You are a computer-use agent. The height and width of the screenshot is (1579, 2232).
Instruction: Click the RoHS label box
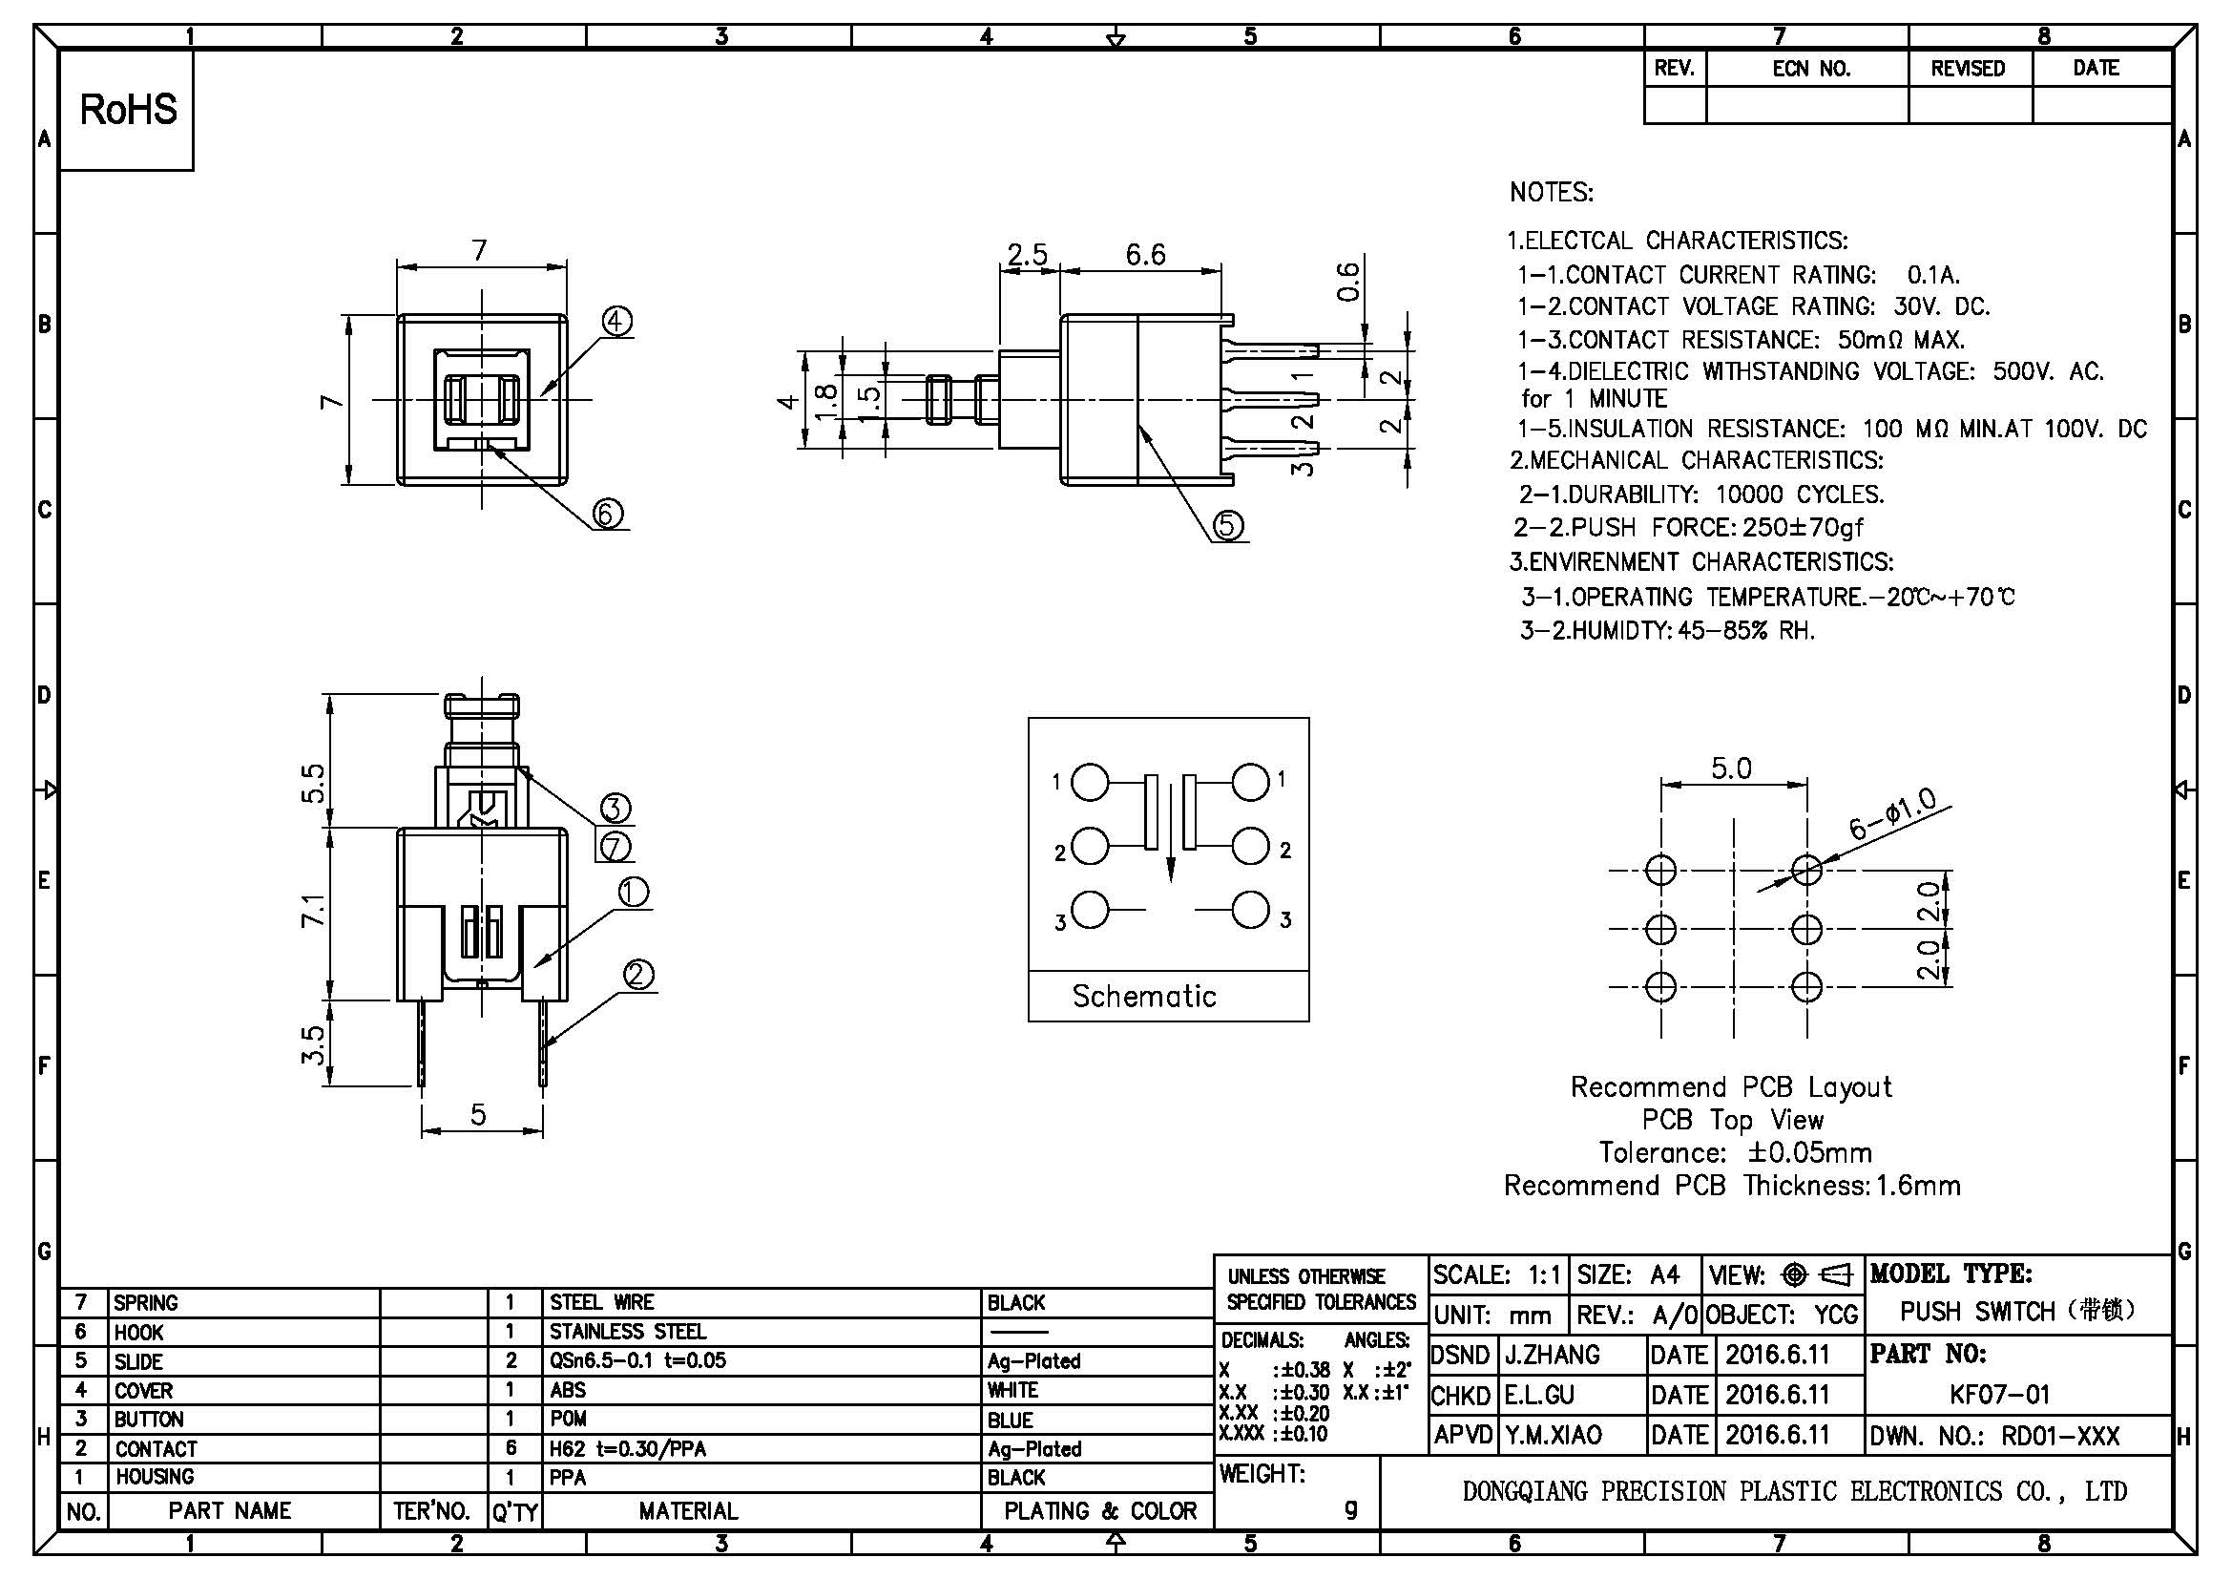click(127, 110)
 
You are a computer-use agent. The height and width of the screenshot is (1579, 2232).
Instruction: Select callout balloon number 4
click(616, 322)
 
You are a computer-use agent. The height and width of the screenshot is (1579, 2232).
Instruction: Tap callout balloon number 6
click(608, 513)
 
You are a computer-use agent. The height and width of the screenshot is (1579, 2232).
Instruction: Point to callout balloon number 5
click(1227, 525)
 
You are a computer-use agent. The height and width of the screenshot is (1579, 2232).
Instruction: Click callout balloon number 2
click(637, 975)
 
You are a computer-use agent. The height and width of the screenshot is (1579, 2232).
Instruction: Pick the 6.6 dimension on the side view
click(1145, 255)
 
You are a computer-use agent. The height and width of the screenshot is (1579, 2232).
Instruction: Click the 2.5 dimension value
click(1027, 255)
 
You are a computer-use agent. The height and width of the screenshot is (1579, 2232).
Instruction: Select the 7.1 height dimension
click(313, 911)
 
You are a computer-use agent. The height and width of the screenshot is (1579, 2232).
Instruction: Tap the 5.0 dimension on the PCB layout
click(1731, 768)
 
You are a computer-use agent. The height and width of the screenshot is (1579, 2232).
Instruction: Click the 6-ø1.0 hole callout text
click(1891, 813)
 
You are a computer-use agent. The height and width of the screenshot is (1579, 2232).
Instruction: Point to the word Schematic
click(1144, 996)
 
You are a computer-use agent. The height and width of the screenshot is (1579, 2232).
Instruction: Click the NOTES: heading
click(1552, 193)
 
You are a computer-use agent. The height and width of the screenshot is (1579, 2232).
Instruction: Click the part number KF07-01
click(1999, 1394)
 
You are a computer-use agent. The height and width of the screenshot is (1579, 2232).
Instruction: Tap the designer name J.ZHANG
click(1553, 1355)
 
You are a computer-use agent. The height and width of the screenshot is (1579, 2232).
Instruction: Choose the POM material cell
click(568, 1419)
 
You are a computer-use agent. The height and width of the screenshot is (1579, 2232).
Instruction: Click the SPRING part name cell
click(146, 1302)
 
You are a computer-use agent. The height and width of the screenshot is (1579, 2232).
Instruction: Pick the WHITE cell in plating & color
click(1013, 1390)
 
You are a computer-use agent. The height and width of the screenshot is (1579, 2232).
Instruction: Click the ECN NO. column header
click(1811, 68)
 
